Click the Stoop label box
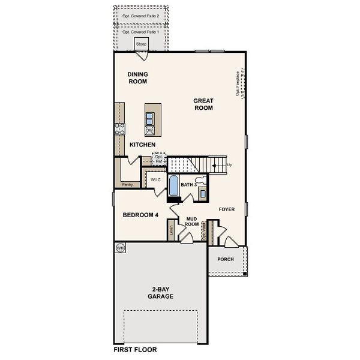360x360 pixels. tap(142, 44)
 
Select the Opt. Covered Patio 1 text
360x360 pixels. tap(140, 32)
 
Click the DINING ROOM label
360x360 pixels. tap(137, 78)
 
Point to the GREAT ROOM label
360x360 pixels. tap(203, 104)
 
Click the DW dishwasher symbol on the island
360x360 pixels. tap(149, 130)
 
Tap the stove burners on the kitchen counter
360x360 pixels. tap(119, 128)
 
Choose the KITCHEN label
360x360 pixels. tap(143, 145)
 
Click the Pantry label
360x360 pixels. tap(127, 185)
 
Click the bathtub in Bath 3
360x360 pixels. tap(173, 186)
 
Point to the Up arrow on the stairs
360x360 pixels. tap(220, 164)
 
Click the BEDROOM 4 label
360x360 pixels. tap(140, 215)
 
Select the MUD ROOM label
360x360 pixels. tap(192, 221)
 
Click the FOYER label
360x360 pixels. tap(226, 209)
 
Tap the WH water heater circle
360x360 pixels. tap(119, 247)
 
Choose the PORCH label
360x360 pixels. tap(226, 260)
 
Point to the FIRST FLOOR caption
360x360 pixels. tap(135, 349)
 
